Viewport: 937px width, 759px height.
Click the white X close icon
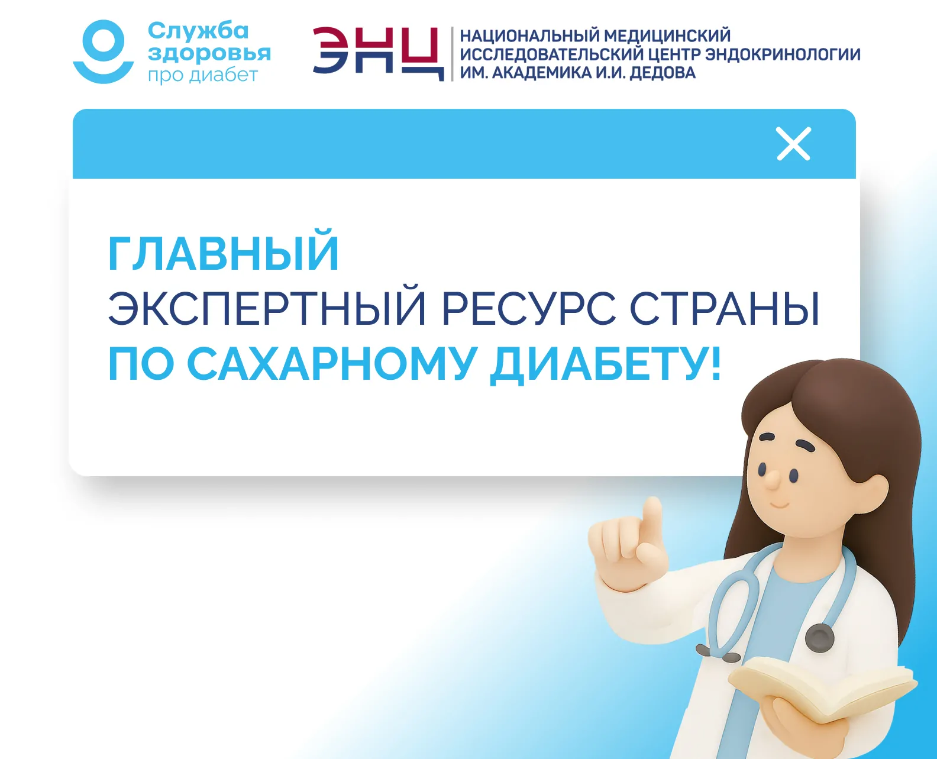click(x=794, y=144)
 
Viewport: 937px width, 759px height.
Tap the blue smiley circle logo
click(x=103, y=51)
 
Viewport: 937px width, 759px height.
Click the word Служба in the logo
click(x=198, y=31)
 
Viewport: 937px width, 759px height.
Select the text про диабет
click(x=203, y=75)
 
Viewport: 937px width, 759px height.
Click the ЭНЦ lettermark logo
click(x=379, y=54)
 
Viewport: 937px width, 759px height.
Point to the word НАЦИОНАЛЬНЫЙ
click(x=528, y=35)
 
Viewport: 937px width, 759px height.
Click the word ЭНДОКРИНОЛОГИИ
click(x=783, y=54)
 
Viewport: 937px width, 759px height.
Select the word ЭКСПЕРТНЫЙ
click(x=267, y=308)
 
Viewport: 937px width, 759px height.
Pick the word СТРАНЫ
click(x=725, y=308)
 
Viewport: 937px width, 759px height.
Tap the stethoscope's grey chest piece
click(x=819, y=638)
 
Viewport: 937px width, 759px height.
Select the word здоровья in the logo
click(x=209, y=54)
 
